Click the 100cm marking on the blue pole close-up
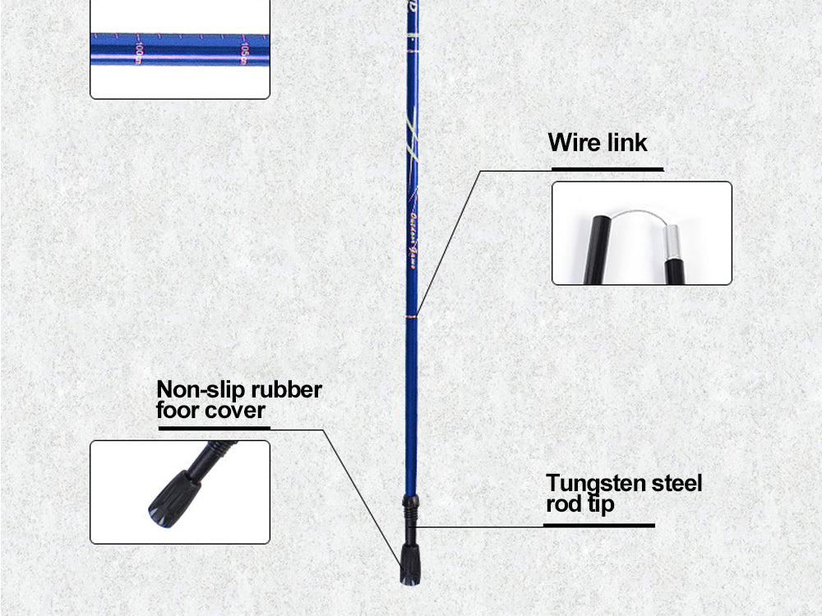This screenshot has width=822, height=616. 139,53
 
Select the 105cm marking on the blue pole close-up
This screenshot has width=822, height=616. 244,51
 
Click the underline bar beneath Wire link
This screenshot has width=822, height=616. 607,169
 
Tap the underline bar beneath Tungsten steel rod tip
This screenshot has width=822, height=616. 600,525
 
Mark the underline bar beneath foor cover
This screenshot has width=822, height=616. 213,428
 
